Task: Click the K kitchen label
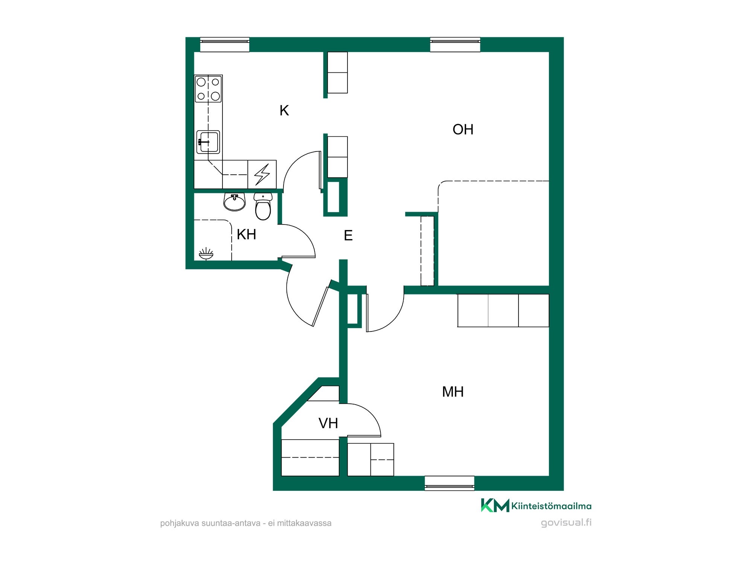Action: (284, 110)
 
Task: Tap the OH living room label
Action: (463, 129)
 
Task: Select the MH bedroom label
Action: (453, 392)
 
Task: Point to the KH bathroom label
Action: (246, 234)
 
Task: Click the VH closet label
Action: (328, 423)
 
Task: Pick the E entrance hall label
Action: (348, 235)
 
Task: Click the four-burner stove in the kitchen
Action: (208, 89)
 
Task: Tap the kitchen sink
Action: (208, 142)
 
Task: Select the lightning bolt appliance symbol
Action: (262, 174)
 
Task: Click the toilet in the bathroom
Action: (263, 206)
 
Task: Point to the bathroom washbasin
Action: (235, 202)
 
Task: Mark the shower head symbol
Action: (206, 254)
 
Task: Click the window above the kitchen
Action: (224, 44)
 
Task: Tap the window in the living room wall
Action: (455, 44)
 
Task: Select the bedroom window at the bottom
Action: (450, 483)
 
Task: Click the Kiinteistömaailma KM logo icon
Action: (495, 505)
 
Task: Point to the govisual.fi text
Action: (566, 523)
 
